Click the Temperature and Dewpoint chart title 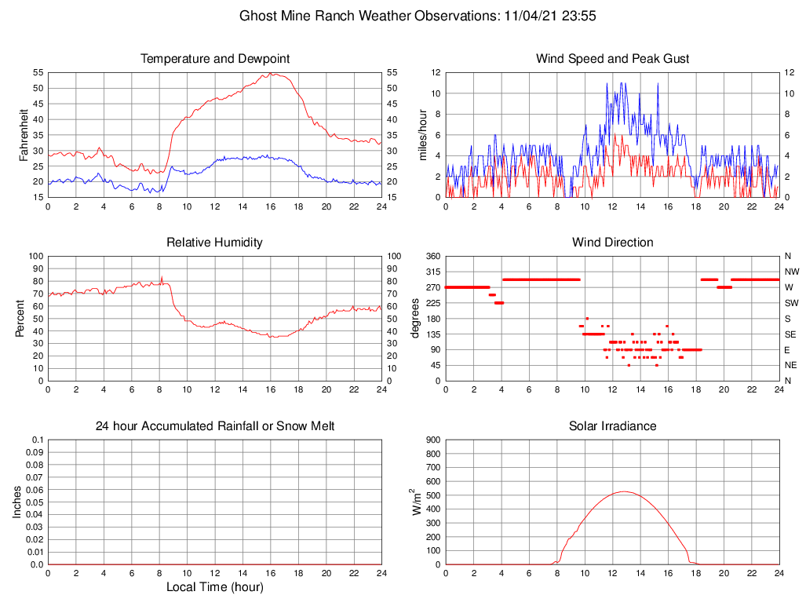click(x=214, y=59)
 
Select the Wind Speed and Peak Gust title click(x=612, y=59)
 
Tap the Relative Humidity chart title click(x=214, y=243)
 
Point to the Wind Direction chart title click(x=612, y=243)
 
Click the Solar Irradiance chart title click(x=612, y=426)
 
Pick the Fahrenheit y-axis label click(x=24, y=134)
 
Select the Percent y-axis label click(x=20, y=318)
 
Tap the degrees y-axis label click(x=416, y=318)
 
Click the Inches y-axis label click(x=17, y=502)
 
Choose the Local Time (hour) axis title click(x=214, y=587)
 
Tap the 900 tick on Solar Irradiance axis click(x=433, y=440)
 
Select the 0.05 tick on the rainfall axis click(x=35, y=502)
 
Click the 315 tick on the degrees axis click(x=433, y=272)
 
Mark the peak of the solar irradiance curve click(x=624, y=491)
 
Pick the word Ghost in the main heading click(x=257, y=16)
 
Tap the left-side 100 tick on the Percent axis click(x=35, y=256)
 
